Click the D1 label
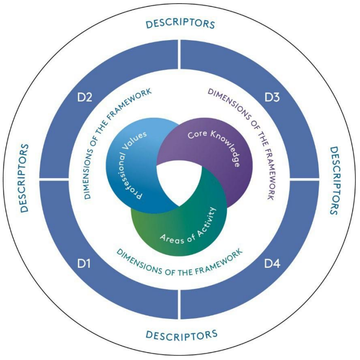click(x=83, y=264)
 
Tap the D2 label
click(x=85, y=97)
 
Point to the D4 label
click(x=272, y=264)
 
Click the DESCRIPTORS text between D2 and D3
click(x=180, y=24)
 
